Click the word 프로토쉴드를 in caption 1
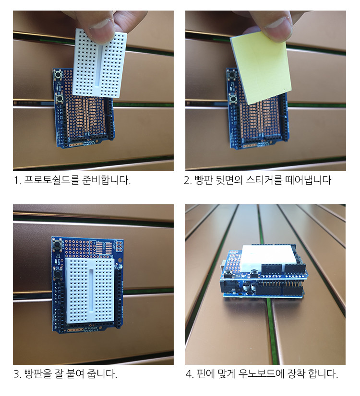[x=51, y=180]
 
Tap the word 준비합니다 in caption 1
[x=106, y=180]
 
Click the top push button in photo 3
[x=57, y=244]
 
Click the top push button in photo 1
[x=58, y=74]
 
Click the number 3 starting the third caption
[x=16, y=374]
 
